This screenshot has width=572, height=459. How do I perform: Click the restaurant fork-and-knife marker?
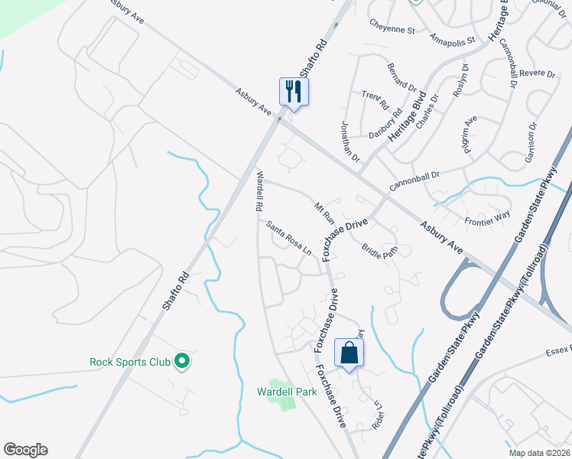pyautogui.click(x=294, y=92)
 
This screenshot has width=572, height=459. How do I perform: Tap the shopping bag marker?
pyautogui.click(x=349, y=353)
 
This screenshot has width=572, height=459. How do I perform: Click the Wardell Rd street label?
pyautogui.click(x=259, y=191)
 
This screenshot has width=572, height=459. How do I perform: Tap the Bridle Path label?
pyautogui.click(x=380, y=251)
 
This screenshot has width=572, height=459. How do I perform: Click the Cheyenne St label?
pyautogui.click(x=392, y=30)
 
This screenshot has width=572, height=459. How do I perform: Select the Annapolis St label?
pyautogui.click(x=452, y=37)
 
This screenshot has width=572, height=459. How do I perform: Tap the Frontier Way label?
pyautogui.click(x=487, y=220)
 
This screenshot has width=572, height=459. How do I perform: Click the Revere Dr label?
pyautogui.click(x=536, y=73)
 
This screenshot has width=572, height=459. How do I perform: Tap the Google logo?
pyautogui.click(x=25, y=450)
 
